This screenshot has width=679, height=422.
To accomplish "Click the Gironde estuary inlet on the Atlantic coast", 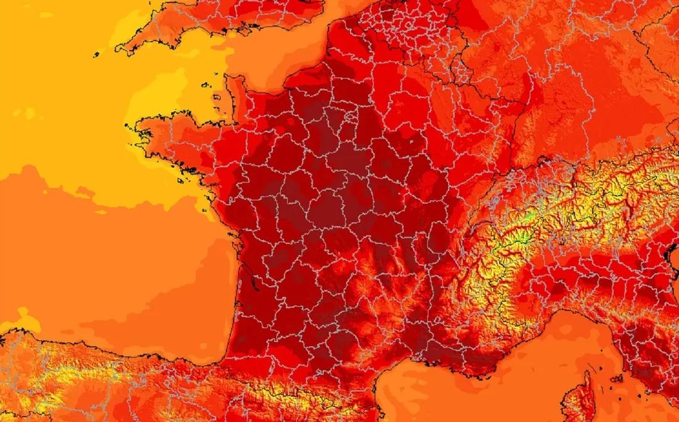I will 243,265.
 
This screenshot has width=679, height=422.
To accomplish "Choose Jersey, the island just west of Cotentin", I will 218,97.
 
